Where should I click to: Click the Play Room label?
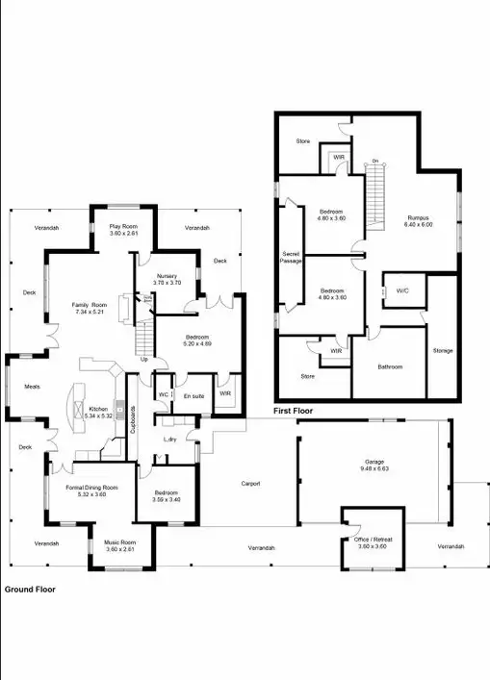[x=123, y=227]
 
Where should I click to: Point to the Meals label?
[x=31, y=387]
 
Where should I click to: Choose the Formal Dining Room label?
[x=91, y=488]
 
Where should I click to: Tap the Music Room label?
[x=121, y=542]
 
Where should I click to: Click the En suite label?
[x=193, y=396]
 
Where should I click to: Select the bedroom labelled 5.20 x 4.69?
[x=197, y=343]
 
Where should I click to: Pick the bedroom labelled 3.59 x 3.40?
[x=166, y=500]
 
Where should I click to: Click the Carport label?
[x=250, y=484]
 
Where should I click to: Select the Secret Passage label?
[x=291, y=257]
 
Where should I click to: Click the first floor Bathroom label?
[x=390, y=366]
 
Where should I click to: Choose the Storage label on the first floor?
[x=443, y=350]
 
